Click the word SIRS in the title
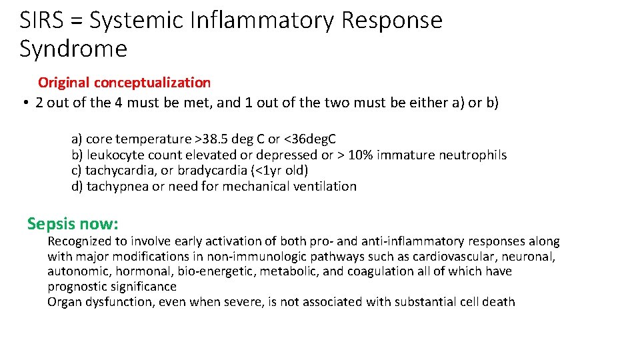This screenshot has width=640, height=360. tap(43, 20)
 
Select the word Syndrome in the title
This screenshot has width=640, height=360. tap(73, 49)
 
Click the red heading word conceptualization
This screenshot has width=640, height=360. tap(152, 83)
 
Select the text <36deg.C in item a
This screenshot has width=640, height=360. tap(310, 139)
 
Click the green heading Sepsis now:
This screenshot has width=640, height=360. tap(73, 223)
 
